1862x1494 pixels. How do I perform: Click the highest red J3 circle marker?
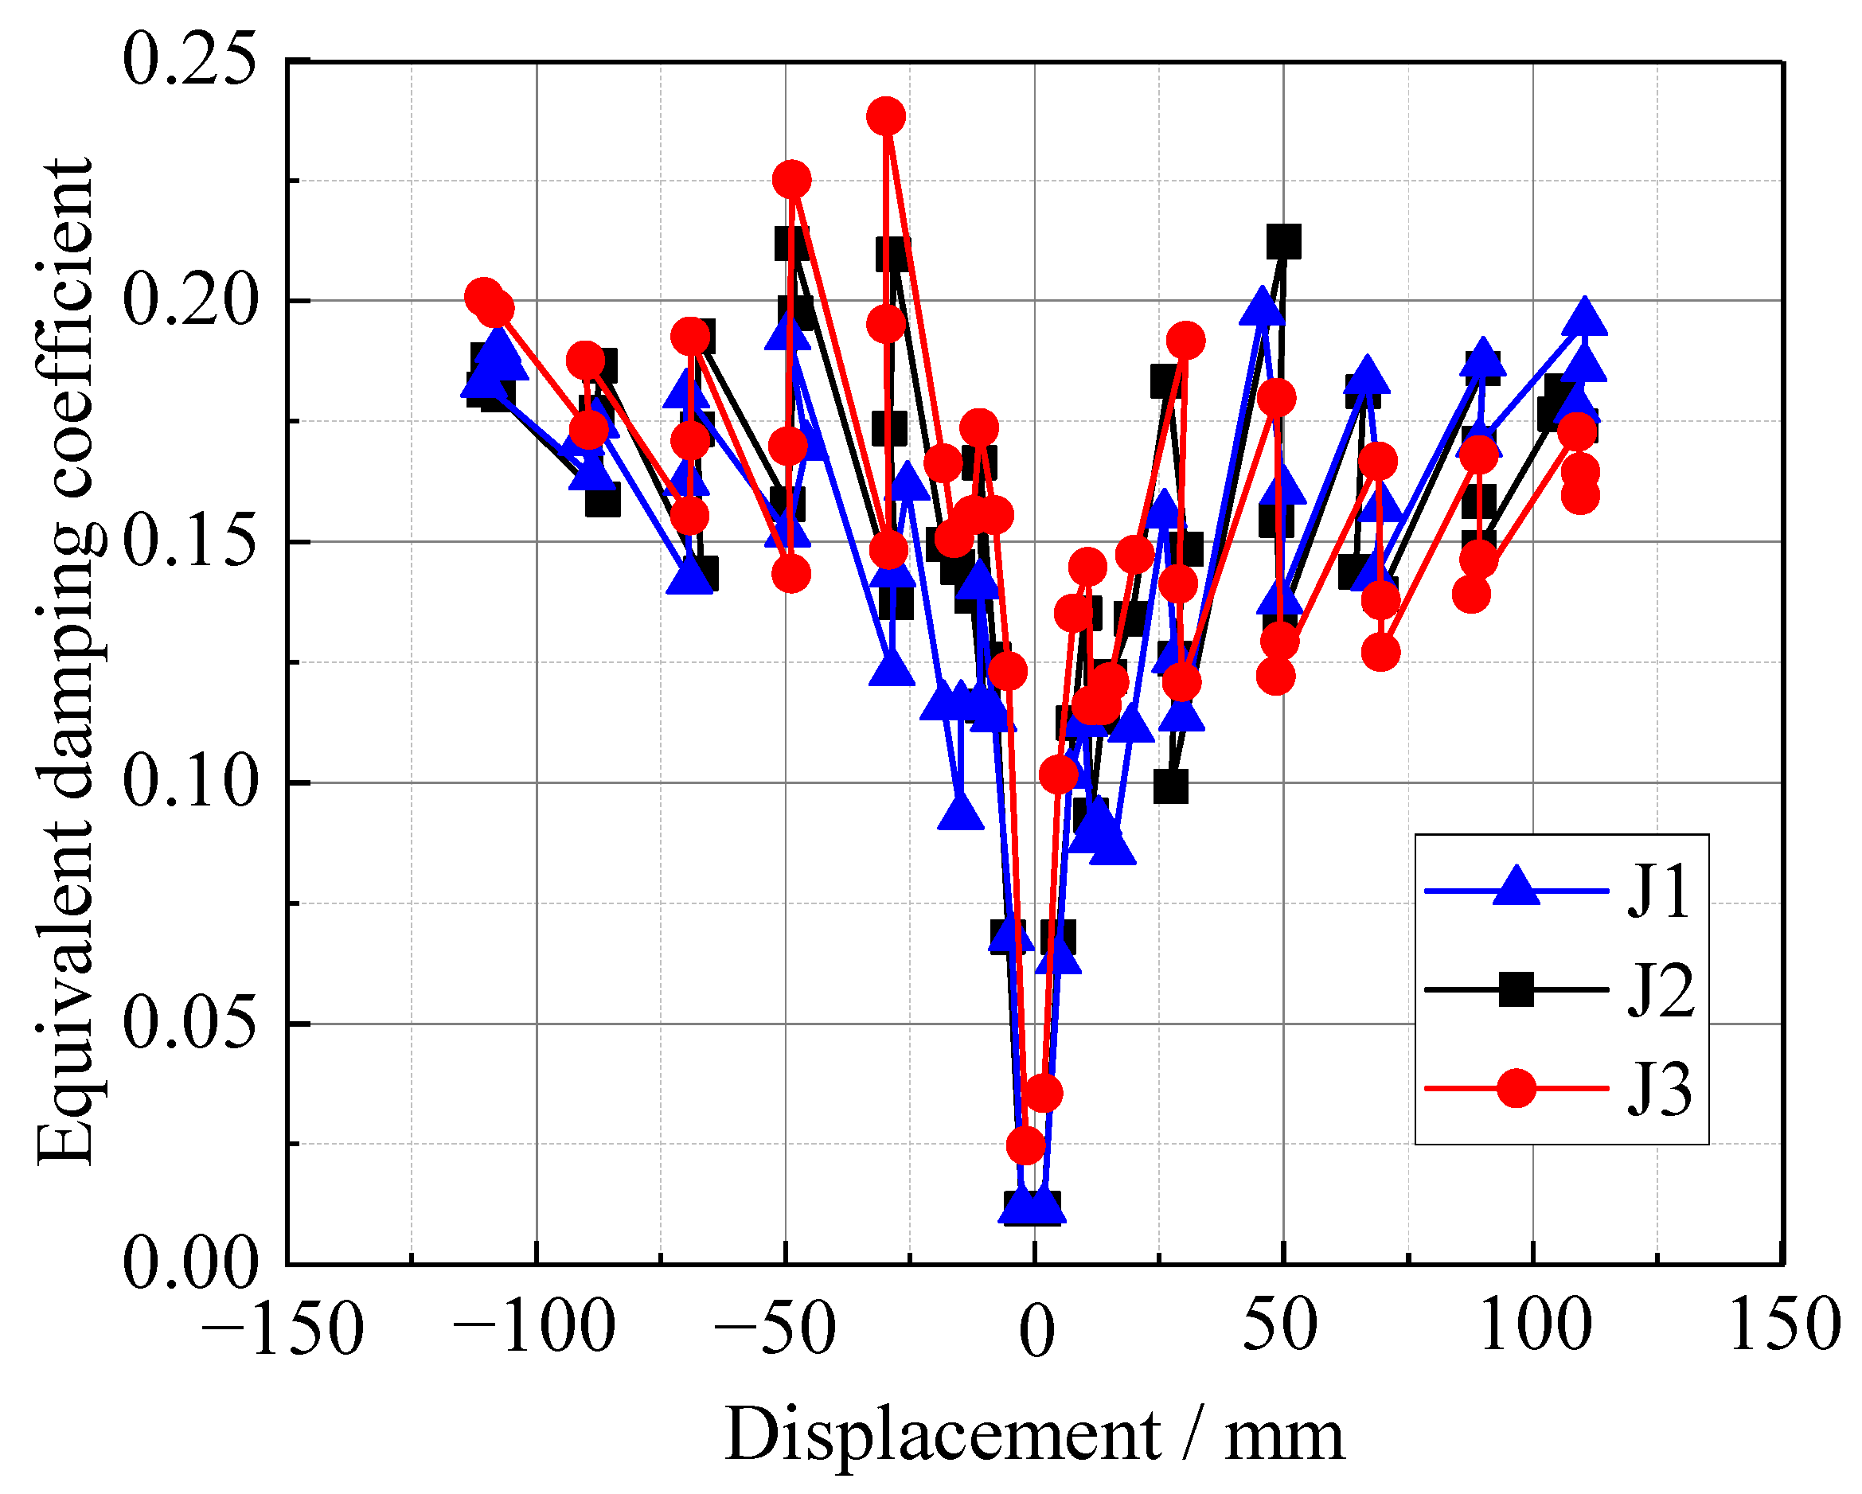coord(886,115)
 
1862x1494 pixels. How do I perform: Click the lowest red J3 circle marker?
coord(1026,1145)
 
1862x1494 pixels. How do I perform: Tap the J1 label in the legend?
coord(1658,892)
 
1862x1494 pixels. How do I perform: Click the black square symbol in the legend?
coord(1516,989)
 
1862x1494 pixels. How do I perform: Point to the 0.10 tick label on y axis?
coord(190,782)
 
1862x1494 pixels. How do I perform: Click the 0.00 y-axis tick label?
coord(190,1263)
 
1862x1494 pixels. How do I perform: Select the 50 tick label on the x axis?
coord(1280,1327)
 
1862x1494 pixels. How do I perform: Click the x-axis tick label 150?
coord(1784,1327)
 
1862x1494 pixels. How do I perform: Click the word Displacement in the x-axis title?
coord(942,1435)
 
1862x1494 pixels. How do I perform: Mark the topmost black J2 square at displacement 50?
coord(1283,242)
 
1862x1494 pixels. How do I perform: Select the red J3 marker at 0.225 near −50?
coord(791,180)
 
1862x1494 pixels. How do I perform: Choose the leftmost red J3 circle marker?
coord(484,297)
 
